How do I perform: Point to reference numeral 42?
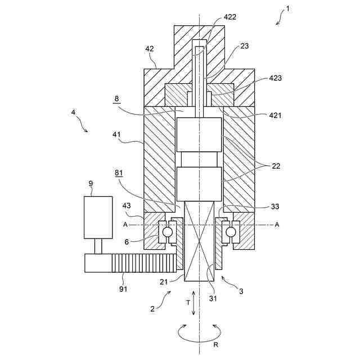149,49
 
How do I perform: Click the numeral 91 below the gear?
123,289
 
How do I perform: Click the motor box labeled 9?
95,217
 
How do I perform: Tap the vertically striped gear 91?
143,263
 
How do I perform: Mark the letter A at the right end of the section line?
277,224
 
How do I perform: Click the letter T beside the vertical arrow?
187,302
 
